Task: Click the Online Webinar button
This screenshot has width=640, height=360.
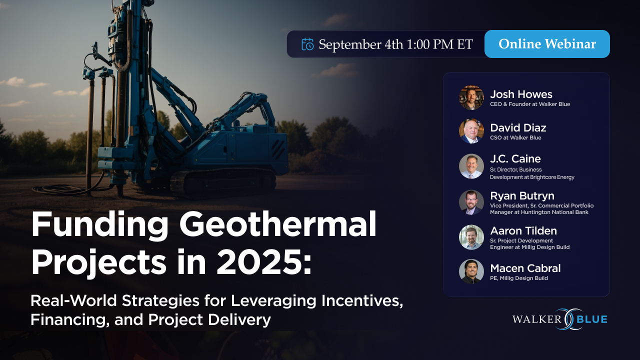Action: click(x=547, y=44)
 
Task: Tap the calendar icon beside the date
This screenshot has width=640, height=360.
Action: click(x=307, y=44)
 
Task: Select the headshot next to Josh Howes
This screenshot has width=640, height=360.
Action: click(x=471, y=97)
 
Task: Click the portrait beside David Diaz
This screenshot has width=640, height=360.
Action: click(x=471, y=131)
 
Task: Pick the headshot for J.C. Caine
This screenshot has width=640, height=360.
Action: click(x=471, y=166)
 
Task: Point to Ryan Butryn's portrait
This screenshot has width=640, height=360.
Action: click(x=471, y=202)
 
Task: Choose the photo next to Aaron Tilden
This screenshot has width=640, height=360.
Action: click(x=471, y=237)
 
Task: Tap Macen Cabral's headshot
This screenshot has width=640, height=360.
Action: click(x=471, y=271)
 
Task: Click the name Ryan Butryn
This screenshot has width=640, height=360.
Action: click(x=522, y=196)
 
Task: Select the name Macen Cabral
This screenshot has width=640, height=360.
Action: click(x=525, y=268)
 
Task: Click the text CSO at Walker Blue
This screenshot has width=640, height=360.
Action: click(x=515, y=137)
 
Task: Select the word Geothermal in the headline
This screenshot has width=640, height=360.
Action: click(x=277, y=224)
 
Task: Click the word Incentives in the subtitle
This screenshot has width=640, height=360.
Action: click(x=362, y=301)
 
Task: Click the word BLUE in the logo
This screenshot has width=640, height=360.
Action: click(x=592, y=319)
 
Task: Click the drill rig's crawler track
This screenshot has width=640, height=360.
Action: click(x=223, y=183)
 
